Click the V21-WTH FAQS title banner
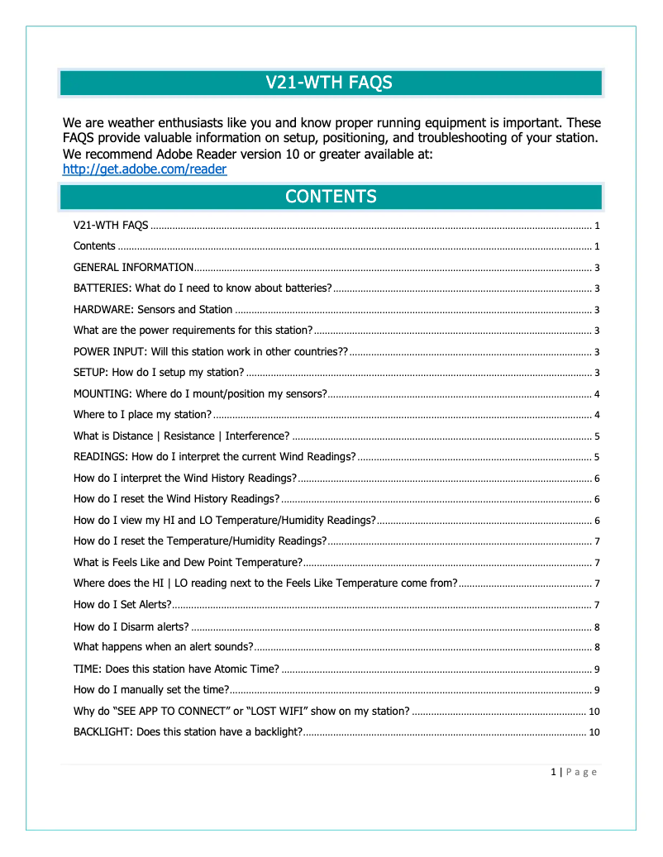pos(330,83)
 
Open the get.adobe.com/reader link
pos(145,169)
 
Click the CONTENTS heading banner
pos(330,197)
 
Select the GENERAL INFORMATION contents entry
pos(133,268)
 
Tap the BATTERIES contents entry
pos(203,288)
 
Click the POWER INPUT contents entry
pos(211,352)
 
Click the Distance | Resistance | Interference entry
pos(181,436)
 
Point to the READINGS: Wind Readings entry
pos(214,457)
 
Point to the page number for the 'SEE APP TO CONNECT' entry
pos(594,712)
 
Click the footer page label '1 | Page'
pos(573,772)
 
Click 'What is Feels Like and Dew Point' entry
pos(187,563)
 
